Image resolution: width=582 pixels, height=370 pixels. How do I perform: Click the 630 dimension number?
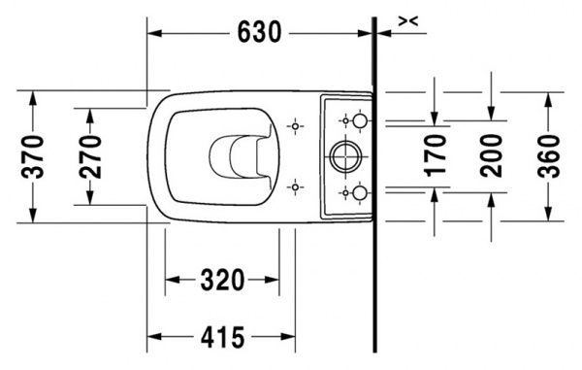[259, 32]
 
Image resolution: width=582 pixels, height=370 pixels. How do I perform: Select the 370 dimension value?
[33, 156]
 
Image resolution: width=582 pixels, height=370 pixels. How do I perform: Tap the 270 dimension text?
[90, 156]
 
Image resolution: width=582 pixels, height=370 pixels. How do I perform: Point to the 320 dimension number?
[222, 280]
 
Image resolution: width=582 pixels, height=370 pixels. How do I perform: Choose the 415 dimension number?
[222, 337]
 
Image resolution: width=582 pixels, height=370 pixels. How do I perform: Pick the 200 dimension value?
[491, 155]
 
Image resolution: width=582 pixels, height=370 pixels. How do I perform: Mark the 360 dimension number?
[548, 156]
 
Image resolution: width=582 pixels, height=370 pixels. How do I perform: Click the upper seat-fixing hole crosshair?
[295, 126]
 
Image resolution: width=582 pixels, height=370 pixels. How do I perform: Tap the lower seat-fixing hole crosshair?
[295, 187]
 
